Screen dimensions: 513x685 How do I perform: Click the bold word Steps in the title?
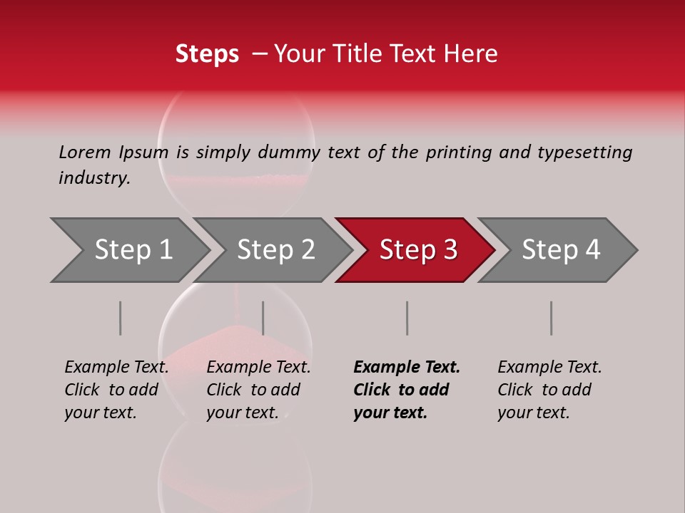[207, 54]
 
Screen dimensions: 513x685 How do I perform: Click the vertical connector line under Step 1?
[121, 318]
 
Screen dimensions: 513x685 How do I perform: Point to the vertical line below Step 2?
[263, 318]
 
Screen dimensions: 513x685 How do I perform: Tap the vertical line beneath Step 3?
[407, 318]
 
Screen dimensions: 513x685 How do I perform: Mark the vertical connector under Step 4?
[551, 318]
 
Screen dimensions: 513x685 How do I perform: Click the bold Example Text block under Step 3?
[407, 390]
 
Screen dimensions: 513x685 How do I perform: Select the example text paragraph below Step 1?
[116, 390]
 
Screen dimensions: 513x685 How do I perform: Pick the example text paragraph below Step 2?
[258, 390]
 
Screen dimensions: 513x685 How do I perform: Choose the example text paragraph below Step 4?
[549, 390]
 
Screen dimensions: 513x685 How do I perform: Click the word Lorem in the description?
[85, 152]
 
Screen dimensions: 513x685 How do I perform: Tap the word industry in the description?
[94, 178]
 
